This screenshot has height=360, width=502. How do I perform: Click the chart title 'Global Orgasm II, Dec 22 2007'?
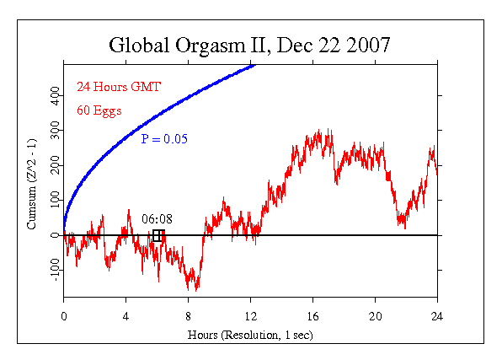click(x=250, y=45)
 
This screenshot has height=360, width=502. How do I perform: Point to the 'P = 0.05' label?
click(x=162, y=137)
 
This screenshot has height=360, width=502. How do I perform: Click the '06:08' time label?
click(x=156, y=220)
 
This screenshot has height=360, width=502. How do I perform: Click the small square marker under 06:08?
click(x=158, y=236)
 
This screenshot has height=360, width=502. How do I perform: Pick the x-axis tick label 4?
click(x=126, y=316)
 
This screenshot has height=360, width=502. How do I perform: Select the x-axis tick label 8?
click(x=189, y=316)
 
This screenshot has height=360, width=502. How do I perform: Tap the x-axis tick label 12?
click(x=251, y=316)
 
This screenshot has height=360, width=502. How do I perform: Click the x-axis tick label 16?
click(x=313, y=316)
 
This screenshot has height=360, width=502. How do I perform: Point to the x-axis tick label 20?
click(x=376, y=316)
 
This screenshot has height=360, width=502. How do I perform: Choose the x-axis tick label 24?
click(x=437, y=316)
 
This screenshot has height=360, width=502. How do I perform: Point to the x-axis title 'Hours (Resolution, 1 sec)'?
click(x=250, y=335)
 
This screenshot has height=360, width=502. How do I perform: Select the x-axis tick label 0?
click(x=64, y=316)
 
